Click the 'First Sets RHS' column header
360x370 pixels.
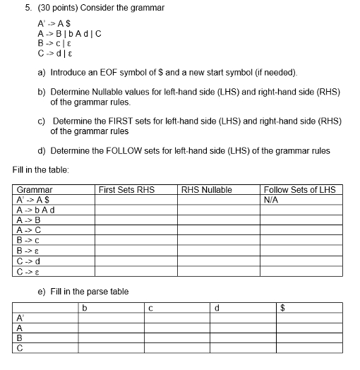tap(126, 189)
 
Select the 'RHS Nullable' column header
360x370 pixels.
tap(206, 189)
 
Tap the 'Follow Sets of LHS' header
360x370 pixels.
tap(299, 189)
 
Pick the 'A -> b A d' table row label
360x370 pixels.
tap(36, 209)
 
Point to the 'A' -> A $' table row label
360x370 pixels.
tap(32, 199)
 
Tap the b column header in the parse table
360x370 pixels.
tap(84, 307)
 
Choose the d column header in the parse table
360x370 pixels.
tap(217, 307)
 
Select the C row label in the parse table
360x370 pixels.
tap(20, 347)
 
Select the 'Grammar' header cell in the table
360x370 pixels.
tap(35, 189)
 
